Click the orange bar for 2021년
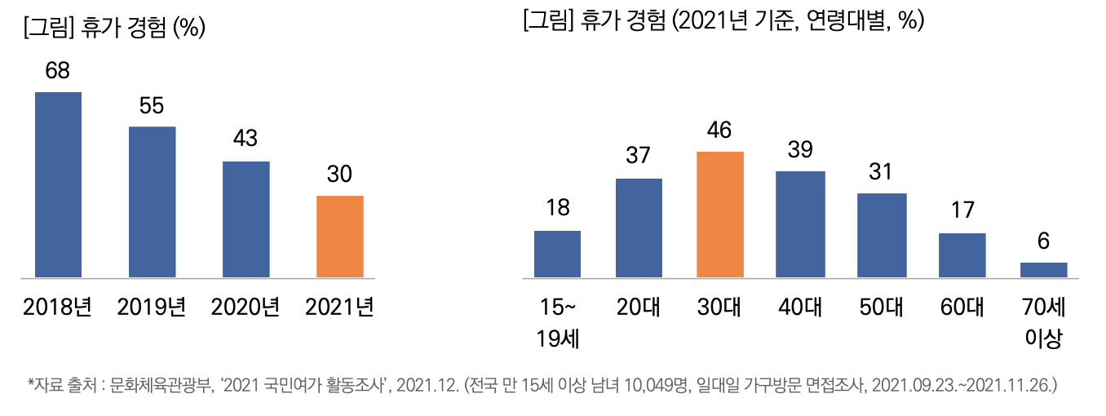coord(339,237)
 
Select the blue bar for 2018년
coord(58,184)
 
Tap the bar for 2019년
coord(152,201)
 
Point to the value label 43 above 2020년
coord(246,139)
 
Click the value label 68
coord(58,71)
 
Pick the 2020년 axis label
coord(246,308)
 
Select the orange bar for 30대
coord(720,215)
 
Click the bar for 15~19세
coord(557,254)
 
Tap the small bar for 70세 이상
coord(1043,269)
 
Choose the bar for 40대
coord(800,224)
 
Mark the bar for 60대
coord(962,255)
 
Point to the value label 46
coord(720,131)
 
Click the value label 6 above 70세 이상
coord(1043,242)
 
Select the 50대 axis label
coord(882,308)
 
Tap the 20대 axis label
coord(639,308)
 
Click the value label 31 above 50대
coord(882,173)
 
